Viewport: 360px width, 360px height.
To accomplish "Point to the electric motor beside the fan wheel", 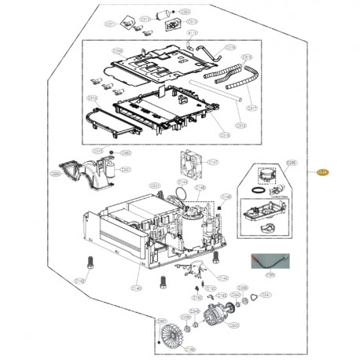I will [213, 321].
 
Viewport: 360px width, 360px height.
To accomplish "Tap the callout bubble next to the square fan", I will [212, 161].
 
